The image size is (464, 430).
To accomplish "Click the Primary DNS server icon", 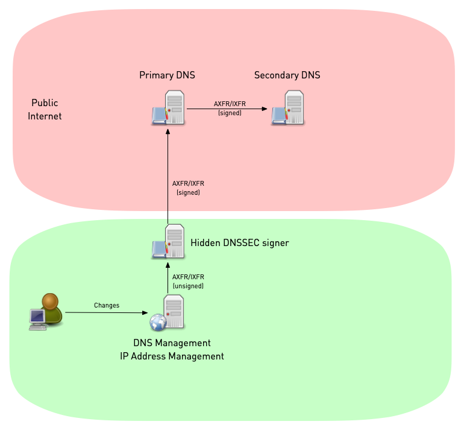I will [168, 108].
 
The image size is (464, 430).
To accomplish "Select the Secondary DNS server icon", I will [287, 108].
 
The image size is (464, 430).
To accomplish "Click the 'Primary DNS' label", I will [167, 75].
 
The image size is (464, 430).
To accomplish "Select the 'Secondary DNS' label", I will [287, 75].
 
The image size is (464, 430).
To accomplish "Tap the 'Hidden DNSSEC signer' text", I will [240, 243].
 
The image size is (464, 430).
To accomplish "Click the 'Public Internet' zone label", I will [45, 110].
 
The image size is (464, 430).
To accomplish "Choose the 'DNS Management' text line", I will [172, 343].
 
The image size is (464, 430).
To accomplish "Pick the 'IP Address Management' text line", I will [172, 356].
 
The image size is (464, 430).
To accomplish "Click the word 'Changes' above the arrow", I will [107, 305].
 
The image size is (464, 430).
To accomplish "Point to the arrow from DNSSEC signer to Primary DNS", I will [168, 175].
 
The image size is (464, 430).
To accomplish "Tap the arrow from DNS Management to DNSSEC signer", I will [168, 279].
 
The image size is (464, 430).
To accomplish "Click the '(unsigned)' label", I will [188, 286].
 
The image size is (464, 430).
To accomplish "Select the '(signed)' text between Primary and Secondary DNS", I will [230, 113].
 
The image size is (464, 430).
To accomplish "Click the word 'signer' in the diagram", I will [276, 244].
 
